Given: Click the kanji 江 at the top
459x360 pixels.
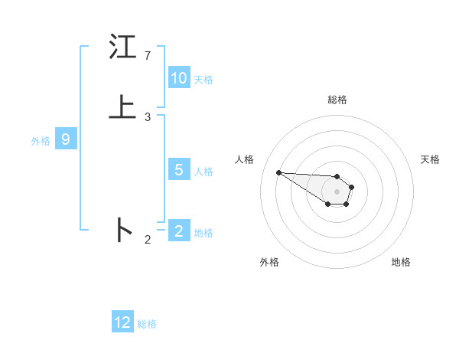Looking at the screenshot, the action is pos(122,48).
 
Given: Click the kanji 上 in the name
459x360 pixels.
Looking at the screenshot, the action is pos(122,108).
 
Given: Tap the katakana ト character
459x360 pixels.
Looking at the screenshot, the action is pos(122,230).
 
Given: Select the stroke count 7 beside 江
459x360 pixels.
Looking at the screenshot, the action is pos(148,56).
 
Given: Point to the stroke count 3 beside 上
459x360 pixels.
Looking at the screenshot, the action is pos(148,117).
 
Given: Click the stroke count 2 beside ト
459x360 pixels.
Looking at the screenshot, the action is pos(148,240).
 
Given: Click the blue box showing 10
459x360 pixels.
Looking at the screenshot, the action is pos(179,78).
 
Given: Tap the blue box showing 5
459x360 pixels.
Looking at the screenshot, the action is pos(179,170).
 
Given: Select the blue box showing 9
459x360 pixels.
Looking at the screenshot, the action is pos(66,139).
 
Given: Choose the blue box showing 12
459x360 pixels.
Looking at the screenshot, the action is pos(122,322).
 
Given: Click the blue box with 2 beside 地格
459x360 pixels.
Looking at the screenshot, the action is pos(179,231).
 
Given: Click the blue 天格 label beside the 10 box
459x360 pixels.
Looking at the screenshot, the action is pos(203,80).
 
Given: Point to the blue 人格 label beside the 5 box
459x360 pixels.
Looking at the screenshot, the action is pos(203,172).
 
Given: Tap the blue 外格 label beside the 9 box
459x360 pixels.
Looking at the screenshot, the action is pos(41,141).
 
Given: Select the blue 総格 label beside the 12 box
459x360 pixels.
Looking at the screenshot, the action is pos(147,324).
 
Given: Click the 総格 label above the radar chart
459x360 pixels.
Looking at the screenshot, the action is pos(337,100).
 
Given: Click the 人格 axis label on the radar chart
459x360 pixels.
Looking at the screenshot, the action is pos(245,159).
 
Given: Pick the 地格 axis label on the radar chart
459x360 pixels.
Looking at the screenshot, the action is pos(401,262).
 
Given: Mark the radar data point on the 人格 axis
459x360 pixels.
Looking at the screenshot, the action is pos(279,172).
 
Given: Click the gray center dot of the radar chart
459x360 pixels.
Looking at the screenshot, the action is pos(337,191).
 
